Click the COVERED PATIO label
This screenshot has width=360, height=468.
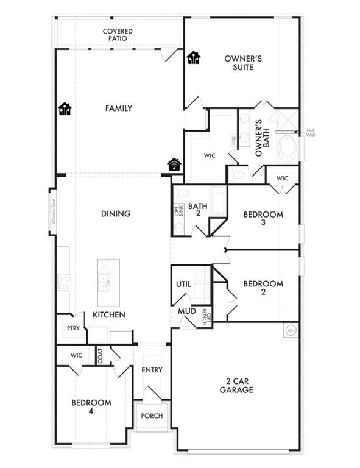point(118,35)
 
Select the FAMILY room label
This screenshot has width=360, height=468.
point(119,108)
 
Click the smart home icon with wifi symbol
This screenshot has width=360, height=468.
point(174,164)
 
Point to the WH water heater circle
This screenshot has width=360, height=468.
point(291,330)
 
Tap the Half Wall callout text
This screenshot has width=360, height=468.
point(311,132)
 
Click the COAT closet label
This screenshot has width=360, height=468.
point(100,355)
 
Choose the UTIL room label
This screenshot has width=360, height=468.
point(184,284)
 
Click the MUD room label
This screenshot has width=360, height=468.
point(186,311)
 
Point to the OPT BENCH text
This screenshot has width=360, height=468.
point(206,317)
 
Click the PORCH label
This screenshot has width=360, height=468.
point(152,416)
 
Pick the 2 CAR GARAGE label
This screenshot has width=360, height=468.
point(237,386)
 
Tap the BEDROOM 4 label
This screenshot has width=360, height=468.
point(91,407)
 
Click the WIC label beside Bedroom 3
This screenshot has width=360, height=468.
point(281,178)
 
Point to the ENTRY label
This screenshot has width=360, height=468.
point(152,370)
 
